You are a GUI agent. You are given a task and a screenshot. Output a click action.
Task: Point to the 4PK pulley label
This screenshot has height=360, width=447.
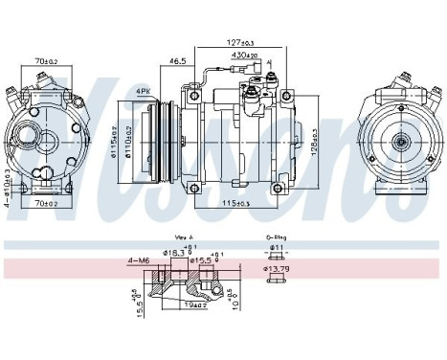pyautogui.click(x=144, y=91)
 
